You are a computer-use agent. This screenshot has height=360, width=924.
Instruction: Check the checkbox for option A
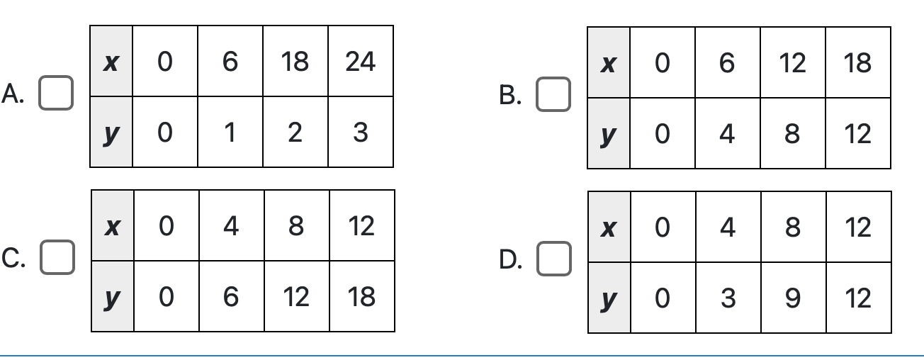pos(56,93)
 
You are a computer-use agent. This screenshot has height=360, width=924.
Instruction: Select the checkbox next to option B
pos(553,94)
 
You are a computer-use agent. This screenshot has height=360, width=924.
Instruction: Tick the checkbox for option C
pos(57,257)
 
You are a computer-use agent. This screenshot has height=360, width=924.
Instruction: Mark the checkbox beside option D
pos(554,259)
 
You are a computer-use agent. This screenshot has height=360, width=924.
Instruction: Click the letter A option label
pos(13,94)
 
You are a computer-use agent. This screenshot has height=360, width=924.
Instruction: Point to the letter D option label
pos(510,260)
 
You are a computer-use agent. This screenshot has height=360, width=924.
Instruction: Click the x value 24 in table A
pos(361,62)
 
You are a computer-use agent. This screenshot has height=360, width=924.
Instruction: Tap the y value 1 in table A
pos(230,133)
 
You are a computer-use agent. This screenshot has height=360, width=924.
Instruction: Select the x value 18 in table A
pos(295,62)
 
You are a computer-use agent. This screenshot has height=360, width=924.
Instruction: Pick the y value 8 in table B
pos(792,134)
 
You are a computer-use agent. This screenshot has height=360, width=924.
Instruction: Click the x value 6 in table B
pos(727,64)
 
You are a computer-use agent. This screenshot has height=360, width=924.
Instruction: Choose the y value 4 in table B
pos(727,134)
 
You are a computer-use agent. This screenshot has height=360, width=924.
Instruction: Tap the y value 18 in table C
pos(362,297)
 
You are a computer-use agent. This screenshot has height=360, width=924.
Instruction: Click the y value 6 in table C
pos(231,297)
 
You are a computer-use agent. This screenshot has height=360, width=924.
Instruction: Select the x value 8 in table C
pos(296,226)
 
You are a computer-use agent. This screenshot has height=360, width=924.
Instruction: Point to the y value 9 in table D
pos(793,298)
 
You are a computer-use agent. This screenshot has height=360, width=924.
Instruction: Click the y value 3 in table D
pos(728,298)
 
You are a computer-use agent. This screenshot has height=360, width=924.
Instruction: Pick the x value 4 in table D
pos(728,227)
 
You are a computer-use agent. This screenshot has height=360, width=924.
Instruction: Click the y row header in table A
pos(111,133)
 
